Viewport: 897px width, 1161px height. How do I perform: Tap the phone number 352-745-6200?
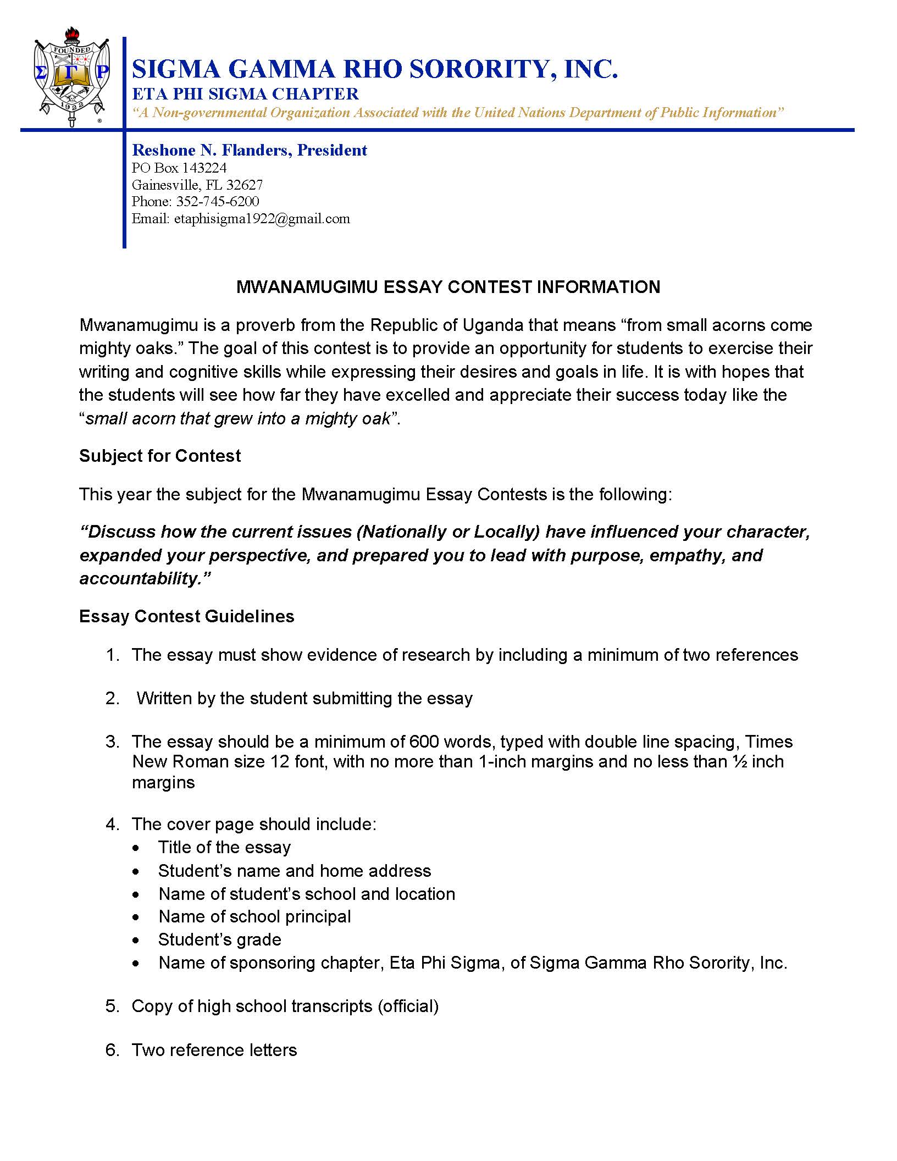[217, 202]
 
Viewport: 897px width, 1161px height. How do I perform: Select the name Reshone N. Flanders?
[212, 151]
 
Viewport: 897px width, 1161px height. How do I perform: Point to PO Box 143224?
[179, 168]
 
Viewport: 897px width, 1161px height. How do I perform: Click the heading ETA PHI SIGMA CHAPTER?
[245, 94]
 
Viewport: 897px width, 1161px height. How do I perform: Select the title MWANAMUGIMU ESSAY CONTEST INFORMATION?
[448, 287]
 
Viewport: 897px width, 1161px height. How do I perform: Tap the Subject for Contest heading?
[160, 456]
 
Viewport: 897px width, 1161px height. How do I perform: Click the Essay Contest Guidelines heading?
[187, 616]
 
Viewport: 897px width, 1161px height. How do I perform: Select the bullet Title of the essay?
[224, 847]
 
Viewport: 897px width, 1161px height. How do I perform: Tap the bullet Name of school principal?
[254, 916]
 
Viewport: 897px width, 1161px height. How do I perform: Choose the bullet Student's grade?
[219, 939]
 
